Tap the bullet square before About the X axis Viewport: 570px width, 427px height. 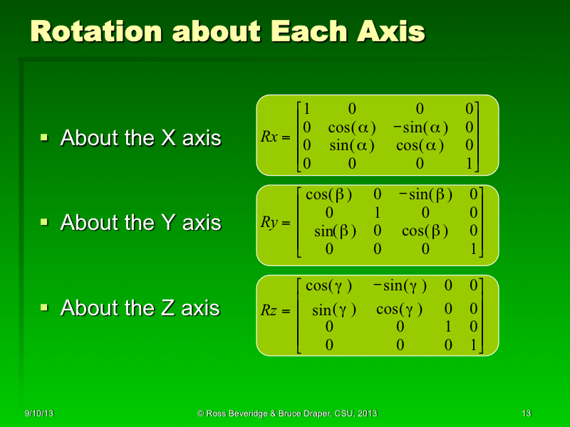(x=43, y=137)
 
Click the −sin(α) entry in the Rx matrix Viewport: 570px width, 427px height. (x=420, y=128)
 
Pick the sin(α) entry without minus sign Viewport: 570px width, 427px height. (x=351, y=146)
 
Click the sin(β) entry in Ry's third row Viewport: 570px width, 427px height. (x=335, y=231)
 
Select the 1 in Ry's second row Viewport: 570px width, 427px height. (x=378, y=213)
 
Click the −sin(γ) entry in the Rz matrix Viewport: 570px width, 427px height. (x=400, y=286)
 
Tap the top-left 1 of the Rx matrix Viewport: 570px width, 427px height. (x=306, y=110)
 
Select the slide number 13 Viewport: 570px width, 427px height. (x=527, y=413)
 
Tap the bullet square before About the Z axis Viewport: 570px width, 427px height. (x=43, y=307)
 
